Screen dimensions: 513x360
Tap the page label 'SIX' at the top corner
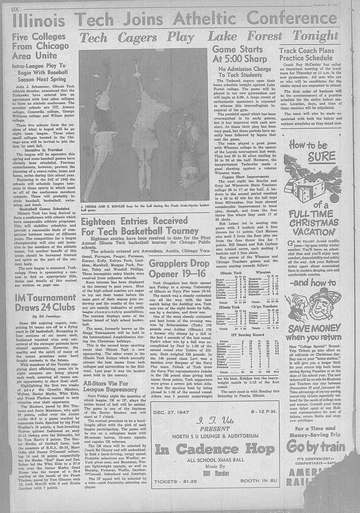(x=16, y=9)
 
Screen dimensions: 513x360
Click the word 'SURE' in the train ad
(x=321, y=157)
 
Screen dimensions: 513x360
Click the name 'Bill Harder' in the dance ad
(x=216, y=473)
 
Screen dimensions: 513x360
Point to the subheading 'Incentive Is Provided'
(x=43, y=150)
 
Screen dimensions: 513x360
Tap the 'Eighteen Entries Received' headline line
(x=134, y=221)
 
